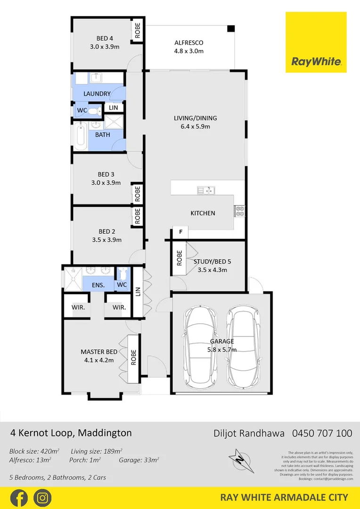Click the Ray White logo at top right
click(x=316, y=42)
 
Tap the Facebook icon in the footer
click(x=18, y=498)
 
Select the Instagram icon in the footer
click(x=42, y=498)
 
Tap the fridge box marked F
click(x=180, y=232)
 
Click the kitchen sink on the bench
click(x=206, y=190)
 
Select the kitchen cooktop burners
click(x=239, y=211)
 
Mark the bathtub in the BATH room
click(x=79, y=136)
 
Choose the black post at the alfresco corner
click(x=230, y=29)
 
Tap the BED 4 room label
click(x=105, y=38)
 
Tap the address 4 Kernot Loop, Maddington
click(x=71, y=433)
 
